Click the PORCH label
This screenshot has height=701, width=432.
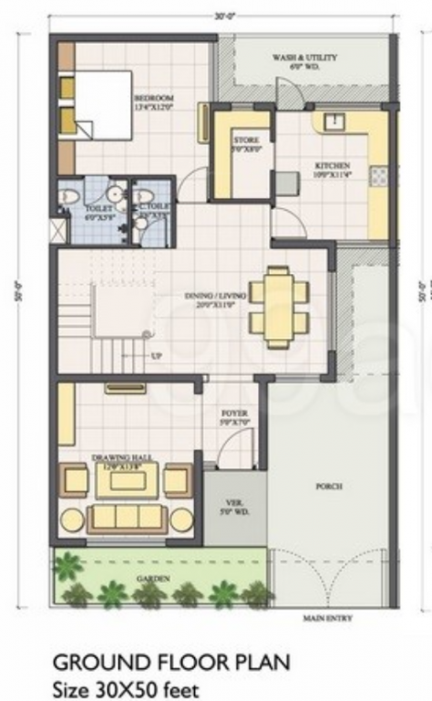[329, 487]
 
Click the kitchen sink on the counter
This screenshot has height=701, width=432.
[334, 121]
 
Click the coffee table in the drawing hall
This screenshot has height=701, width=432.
[127, 480]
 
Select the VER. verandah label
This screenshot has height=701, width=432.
[233, 507]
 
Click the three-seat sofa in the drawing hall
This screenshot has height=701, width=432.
[127, 518]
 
